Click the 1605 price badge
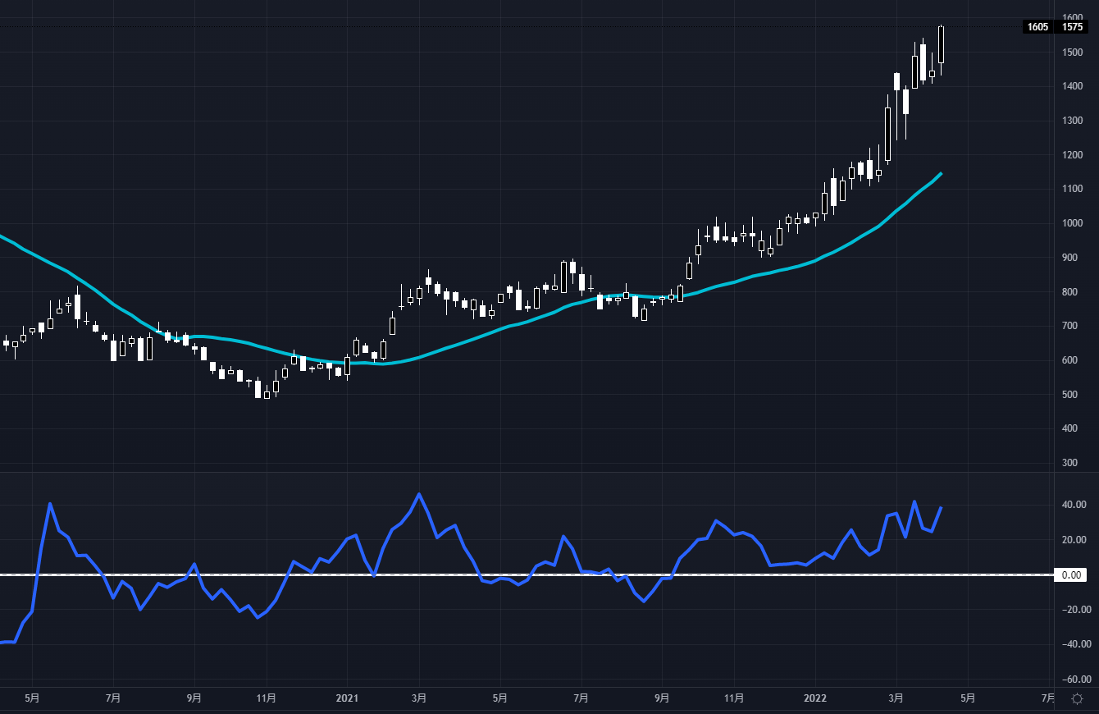(x=1037, y=27)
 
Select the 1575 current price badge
(x=1072, y=27)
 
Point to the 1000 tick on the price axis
(x=1072, y=223)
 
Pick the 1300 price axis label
(x=1072, y=121)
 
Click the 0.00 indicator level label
(x=1074, y=575)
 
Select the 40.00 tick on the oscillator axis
(x=1074, y=505)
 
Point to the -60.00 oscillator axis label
(x=1074, y=680)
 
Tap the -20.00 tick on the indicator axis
(x=1074, y=610)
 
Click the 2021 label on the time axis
(x=346, y=699)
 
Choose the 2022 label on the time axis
(x=815, y=699)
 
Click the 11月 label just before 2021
(x=266, y=699)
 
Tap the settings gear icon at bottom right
(x=1077, y=699)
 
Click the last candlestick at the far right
(x=941, y=44)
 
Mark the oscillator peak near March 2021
(x=419, y=494)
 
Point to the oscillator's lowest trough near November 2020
(x=258, y=617)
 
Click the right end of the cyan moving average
(x=941, y=173)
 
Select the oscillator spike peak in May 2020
(x=50, y=503)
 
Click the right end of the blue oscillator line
(x=941, y=507)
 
